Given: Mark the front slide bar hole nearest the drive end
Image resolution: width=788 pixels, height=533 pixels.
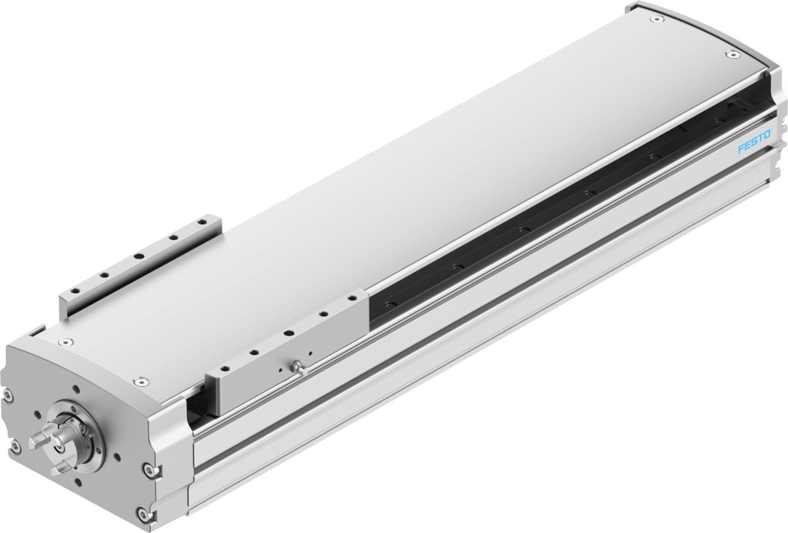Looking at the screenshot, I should click(x=224, y=370).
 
